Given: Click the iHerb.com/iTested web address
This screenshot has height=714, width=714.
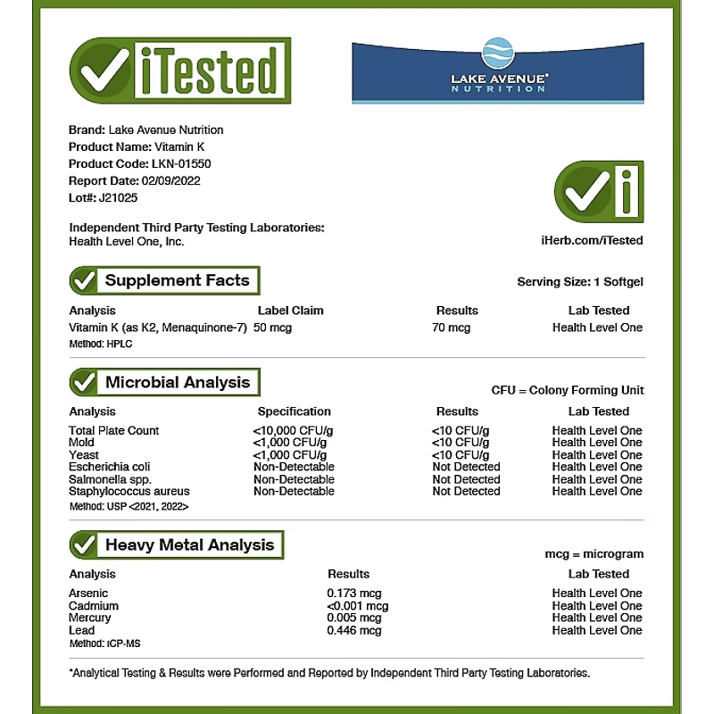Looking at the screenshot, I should pyautogui.click(x=592, y=240).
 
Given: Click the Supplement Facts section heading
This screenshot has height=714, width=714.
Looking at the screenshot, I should pyautogui.click(x=177, y=280).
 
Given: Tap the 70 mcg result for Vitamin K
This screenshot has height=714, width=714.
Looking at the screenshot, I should pyautogui.click(x=452, y=328).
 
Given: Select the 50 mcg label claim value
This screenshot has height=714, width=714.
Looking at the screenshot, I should pyautogui.click(x=272, y=328).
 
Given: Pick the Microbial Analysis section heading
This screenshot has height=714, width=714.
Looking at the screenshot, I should pyautogui.click(x=178, y=382).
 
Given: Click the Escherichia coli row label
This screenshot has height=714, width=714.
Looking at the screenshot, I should pyautogui.click(x=109, y=467).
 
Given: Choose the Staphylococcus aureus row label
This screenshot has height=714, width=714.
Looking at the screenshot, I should pyautogui.click(x=129, y=491).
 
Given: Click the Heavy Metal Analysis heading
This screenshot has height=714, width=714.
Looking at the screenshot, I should pyautogui.click(x=189, y=544).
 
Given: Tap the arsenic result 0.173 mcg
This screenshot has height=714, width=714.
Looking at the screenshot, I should pyautogui.click(x=354, y=594).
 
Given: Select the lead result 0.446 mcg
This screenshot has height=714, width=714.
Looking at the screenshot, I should pyautogui.click(x=354, y=630).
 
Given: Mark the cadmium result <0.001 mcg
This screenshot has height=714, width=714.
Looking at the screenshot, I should pyautogui.click(x=358, y=606).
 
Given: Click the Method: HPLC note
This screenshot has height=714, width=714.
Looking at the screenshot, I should pyautogui.click(x=94, y=344).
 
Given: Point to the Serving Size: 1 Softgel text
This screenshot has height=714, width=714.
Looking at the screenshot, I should pyautogui.click(x=580, y=282).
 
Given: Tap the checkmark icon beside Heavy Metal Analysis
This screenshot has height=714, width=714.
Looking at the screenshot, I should pyautogui.click(x=84, y=544).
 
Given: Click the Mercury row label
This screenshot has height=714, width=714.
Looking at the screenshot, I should pyautogui.click(x=90, y=618).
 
